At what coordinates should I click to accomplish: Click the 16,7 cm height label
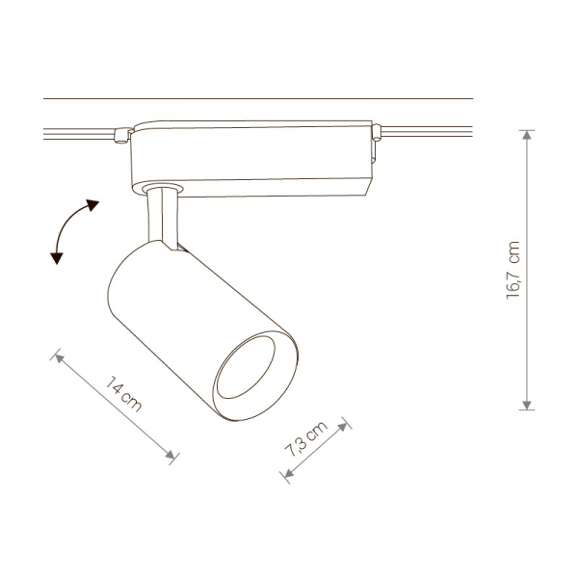(512, 270)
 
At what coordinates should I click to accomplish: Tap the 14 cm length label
(123, 394)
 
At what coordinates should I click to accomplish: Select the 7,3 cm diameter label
(306, 438)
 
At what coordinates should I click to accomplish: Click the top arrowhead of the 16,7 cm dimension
(527, 135)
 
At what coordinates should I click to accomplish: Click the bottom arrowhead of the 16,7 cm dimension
(527, 405)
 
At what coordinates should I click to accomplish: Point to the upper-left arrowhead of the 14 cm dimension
(60, 357)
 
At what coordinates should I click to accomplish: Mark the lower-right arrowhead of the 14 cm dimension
(170, 455)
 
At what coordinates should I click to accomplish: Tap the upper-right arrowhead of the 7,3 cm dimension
(343, 427)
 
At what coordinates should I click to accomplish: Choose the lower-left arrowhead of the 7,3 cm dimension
(289, 473)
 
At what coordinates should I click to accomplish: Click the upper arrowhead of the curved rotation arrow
(92, 204)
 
